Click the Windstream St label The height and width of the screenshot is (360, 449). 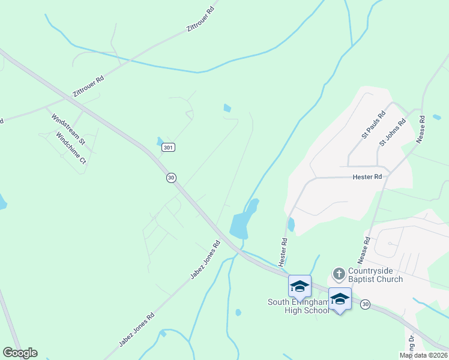click(68, 128)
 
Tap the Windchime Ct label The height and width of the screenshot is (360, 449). click(71, 148)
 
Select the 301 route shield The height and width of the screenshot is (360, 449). click(169, 147)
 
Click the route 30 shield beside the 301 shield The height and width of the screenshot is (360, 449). click(172, 178)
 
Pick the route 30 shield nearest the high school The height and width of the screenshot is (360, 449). click(365, 305)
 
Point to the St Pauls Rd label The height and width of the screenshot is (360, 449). click(373, 125)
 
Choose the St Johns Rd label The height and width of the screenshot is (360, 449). click(393, 133)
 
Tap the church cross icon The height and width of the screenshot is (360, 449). click(339, 274)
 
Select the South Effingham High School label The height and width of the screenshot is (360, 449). click(298, 306)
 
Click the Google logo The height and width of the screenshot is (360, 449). click(20, 353)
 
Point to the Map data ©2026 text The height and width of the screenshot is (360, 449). click(424, 355)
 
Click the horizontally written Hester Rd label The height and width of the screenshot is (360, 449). click(367, 177)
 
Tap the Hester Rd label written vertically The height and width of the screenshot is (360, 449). click(282, 251)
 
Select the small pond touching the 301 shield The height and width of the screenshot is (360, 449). click(160, 142)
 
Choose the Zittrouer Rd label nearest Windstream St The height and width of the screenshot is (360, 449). click(88, 86)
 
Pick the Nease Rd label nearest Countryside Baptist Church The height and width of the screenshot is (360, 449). click(366, 248)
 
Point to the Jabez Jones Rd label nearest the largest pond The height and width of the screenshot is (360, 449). click(205, 260)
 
